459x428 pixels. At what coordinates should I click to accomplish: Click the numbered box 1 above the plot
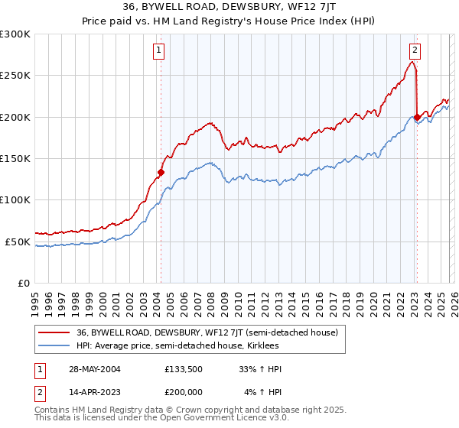click(158, 51)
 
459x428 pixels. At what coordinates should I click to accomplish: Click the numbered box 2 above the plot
click(414, 51)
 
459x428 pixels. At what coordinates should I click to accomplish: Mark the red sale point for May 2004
click(161, 172)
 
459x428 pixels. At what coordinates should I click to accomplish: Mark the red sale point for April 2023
click(417, 117)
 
